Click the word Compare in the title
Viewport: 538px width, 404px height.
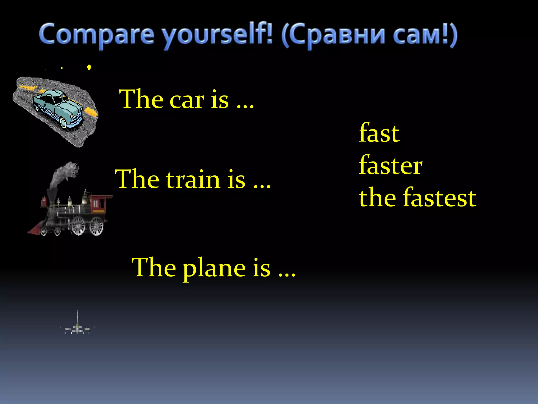tap(96, 34)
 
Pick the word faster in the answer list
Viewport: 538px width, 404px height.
tap(391, 166)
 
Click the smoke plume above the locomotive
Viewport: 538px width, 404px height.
tap(64, 174)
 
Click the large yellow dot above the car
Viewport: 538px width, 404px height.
tap(89, 67)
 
